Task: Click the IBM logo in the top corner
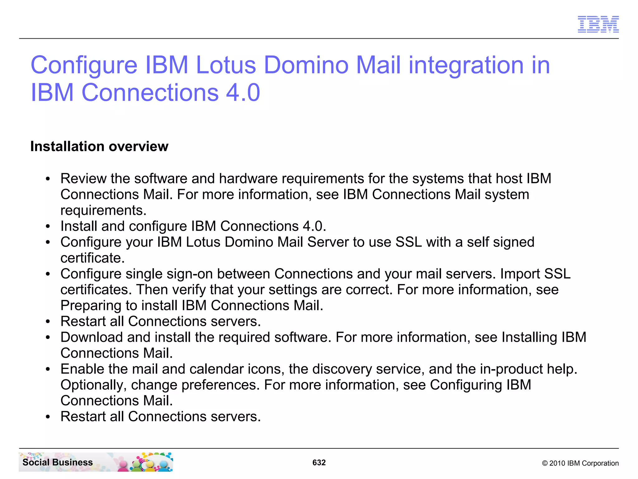pyautogui.click(x=598, y=24)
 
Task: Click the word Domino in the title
pyautogui.click(x=306, y=65)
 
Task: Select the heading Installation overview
pyautogui.click(x=99, y=146)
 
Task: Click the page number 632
pyautogui.click(x=319, y=462)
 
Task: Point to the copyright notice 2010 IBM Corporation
pyautogui.click(x=580, y=463)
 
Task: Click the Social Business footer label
pyautogui.click(x=58, y=462)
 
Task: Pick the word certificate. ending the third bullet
pyautogui.click(x=93, y=258)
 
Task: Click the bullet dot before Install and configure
pyautogui.click(x=48, y=227)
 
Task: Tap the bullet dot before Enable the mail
pyautogui.click(x=48, y=370)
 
